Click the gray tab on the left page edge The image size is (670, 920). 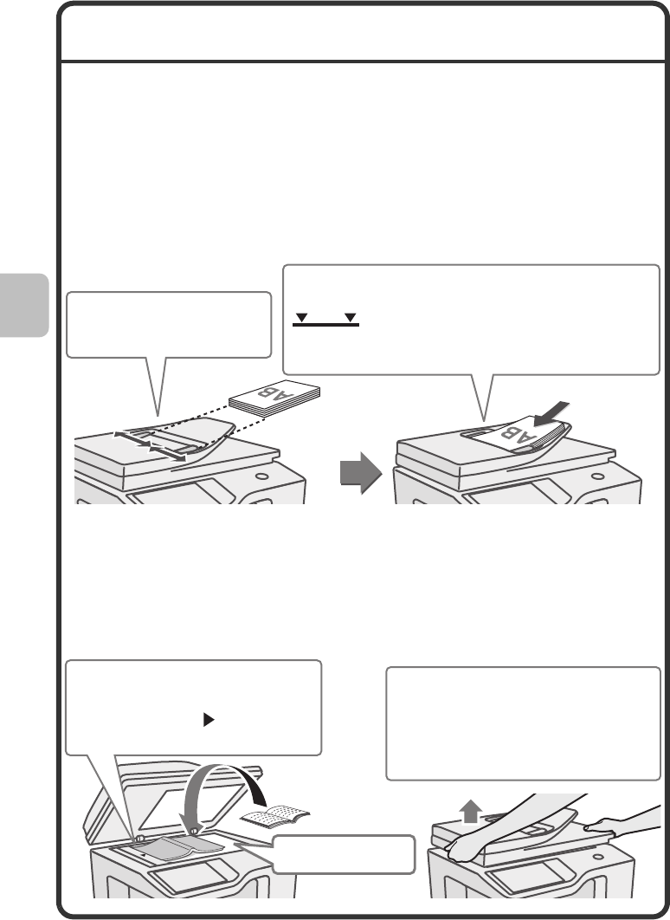coord(24,305)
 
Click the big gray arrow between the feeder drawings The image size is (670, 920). coord(360,473)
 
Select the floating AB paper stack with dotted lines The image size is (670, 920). coord(274,399)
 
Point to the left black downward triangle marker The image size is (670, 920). coord(301,317)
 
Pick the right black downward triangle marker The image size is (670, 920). coord(351,317)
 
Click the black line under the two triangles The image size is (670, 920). coord(326,325)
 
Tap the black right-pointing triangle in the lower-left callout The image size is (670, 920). coord(208,720)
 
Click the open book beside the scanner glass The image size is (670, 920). coord(275,816)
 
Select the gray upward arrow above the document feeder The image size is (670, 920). coord(470,813)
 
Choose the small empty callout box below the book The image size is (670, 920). coord(344,854)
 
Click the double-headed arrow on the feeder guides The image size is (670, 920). coord(150,445)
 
